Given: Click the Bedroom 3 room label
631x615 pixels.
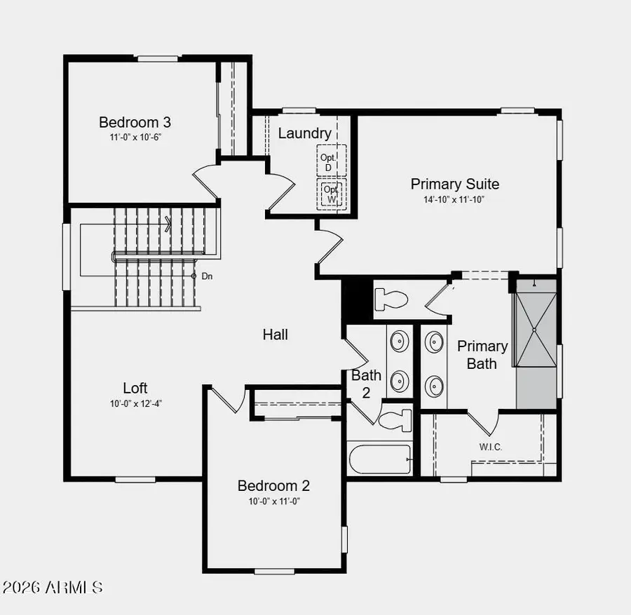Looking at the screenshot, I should coord(135,122).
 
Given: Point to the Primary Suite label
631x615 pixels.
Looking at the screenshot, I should coord(455,184).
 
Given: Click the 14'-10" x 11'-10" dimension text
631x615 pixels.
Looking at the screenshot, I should coord(455,200).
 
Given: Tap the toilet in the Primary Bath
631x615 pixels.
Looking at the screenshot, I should coord(391,299).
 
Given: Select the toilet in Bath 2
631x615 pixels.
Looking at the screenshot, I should coord(396,420).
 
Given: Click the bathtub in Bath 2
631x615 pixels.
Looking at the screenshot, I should coord(379,460).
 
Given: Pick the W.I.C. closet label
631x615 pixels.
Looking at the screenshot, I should coord(490,447).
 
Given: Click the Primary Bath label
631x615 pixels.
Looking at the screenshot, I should coord(482,354).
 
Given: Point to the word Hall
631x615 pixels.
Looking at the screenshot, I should coord(276,334).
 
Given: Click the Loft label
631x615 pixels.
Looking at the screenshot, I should coord(135,388).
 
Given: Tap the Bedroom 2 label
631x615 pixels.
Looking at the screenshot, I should coord(273,485).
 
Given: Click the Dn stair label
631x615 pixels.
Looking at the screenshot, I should coord(207,276).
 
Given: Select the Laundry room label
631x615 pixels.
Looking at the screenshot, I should coord(304,133).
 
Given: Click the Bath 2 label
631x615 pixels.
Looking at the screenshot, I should coord(365,384).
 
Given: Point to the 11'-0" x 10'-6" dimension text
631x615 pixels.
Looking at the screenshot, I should coord(135,137).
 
